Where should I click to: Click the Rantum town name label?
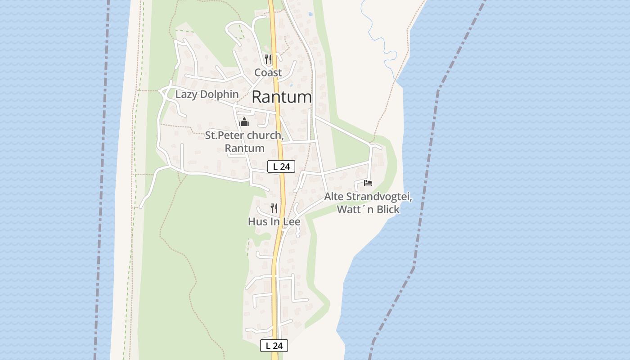pyautogui.click(x=282, y=97)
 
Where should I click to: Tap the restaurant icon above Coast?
pyautogui.click(x=268, y=59)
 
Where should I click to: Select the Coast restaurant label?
pyautogui.click(x=268, y=72)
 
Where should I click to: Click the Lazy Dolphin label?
pyautogui.click(x=207, y=94)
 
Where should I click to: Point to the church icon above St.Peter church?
pyautogui.click(x=244, y=121)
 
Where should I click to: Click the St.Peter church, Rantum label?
pyautogui.click(x=244, y=141)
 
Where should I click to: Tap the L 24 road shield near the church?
pyautogui.click(x=281, y=166)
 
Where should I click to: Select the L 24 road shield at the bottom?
pyautogui.click(x=274, y=346)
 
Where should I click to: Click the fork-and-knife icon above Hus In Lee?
pyautogui.click(x=274, y=208)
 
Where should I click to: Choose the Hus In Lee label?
pyautogui.click(x=274, y=221)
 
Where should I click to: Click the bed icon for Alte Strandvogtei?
pyautogui.click(x=368, y=183)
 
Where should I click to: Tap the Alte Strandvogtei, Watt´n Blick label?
pyautogui.click(x=368, y=203)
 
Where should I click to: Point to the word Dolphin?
pyautogui.click(x=220, y=94)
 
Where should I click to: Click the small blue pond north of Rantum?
pyautogui.click(x=310, y=14)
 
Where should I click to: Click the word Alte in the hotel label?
pyautogui.click(x=334, y=197)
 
